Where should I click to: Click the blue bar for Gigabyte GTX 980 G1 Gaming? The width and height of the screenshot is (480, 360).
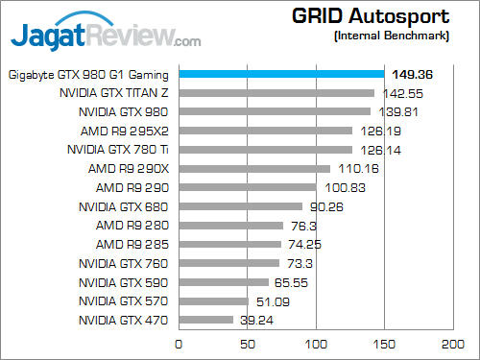pyautogui.click(x=280, y=74)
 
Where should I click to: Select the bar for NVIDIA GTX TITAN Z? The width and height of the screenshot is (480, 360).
pyautogui.click(x=276, y=93)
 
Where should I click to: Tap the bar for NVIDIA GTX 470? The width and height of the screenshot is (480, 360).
pyautogui.click(x=204, y=320)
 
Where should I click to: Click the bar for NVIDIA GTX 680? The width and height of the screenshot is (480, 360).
pyautogui.click(x=240, y=206)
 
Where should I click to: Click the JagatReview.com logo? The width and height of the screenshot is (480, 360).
pyautogui.click(x=106, y=36)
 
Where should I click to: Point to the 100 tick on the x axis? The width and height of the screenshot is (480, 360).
pyautogui.click(x=315, y=343)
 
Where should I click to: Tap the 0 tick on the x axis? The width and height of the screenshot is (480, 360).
pyautogui.click(x=178, y=343)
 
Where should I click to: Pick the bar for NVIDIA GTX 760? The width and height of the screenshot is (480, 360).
pyautogui.click(x=228, y=263)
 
